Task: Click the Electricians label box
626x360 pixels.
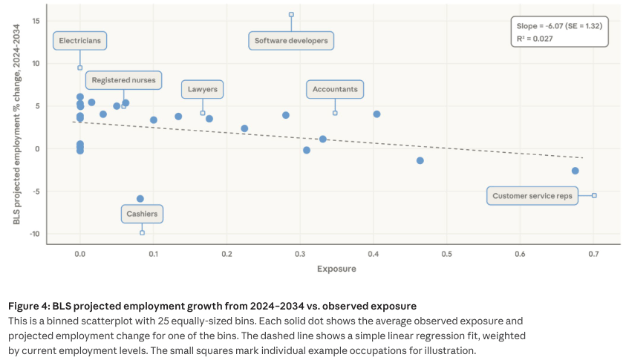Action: [x=80, y=41]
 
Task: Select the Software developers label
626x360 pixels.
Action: [x=291, y=41]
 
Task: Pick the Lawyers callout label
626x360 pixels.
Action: [x=203, y=90]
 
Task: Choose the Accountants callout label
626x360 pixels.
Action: [x=335, y=90]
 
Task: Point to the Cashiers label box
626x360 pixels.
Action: [x=142, y=215]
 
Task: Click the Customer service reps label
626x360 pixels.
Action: [x=533, y=197]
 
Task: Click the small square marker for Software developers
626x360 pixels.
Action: [x=291, y=14]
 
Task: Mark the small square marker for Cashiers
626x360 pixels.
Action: [x=142, y=232]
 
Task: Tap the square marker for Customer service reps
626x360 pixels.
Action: [x=594, y=195]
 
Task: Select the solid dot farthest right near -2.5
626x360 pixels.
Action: [x=575, y=171]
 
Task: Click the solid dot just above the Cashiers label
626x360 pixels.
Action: [x=140, y=199]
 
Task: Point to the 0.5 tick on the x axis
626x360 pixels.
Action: [x=446, y=255]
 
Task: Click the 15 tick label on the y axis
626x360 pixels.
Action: [x=36, y=20]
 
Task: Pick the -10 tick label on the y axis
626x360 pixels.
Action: [x=33, y=235]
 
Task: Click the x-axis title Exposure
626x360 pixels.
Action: [x=336, y=269]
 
